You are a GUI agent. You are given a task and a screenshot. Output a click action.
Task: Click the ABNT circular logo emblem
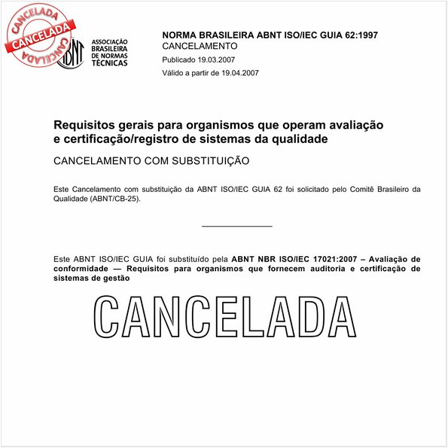(x=71, y=52)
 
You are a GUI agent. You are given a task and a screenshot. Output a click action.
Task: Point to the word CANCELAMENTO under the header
(x=200, y=46)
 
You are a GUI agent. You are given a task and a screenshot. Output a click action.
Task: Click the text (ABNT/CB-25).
(x=114, y=200)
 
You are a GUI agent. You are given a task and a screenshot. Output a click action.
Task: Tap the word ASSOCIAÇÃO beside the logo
(x=109, y=41)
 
